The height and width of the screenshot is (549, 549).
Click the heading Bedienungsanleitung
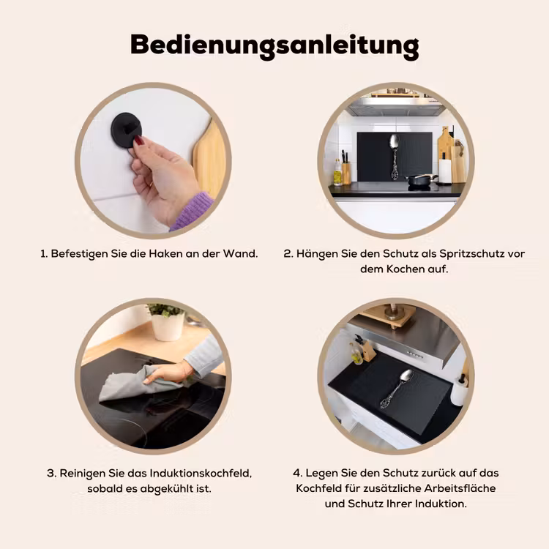pyautogui.click(x=274, y=46)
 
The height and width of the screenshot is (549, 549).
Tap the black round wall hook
pyautogui.click(x=126, y=130)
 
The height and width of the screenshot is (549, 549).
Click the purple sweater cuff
pyautogui.click(x=193, y=211)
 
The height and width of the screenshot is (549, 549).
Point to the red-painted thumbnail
pyautogui.click(x=139, y=141)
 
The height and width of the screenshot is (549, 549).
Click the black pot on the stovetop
pyautogui.click(x=422, y=180)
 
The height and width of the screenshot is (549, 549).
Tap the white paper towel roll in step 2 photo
pyautogui.click(x=445, y=171)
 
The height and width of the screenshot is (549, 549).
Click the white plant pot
pyautogui.click(x=168, y=326)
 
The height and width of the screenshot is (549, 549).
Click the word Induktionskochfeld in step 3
pyautogui.click(x=201, y=474)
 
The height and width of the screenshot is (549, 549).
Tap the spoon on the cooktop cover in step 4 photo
pyautogui.click(x=397, y=389)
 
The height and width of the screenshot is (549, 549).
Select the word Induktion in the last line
pyautogui.click(x=441, y=504)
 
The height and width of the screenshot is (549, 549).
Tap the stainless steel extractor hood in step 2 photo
pyautogui.click(x=396, y=106)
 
